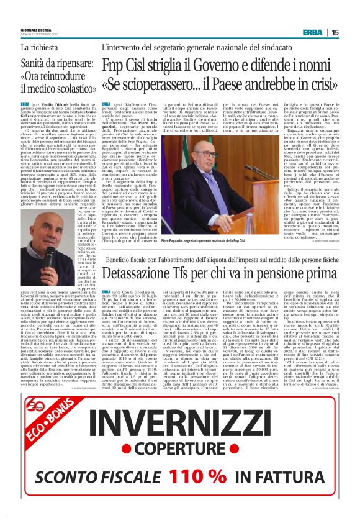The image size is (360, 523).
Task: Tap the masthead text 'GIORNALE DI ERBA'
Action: pyautogui.click(x=36, y=30)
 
